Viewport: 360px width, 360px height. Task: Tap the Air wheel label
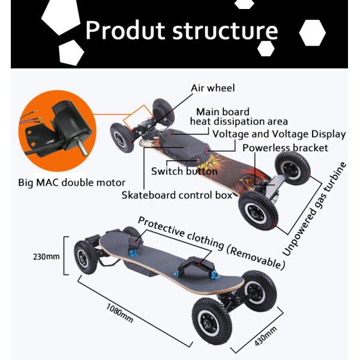(x=212, y=88)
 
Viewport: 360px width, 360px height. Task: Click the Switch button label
(x=184, y=171)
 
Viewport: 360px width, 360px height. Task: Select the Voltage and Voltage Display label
(x=279, y=134)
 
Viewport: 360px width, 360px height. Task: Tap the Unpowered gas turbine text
(x=316, y=208)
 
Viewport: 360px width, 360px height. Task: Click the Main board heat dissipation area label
(x=238, y=116)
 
